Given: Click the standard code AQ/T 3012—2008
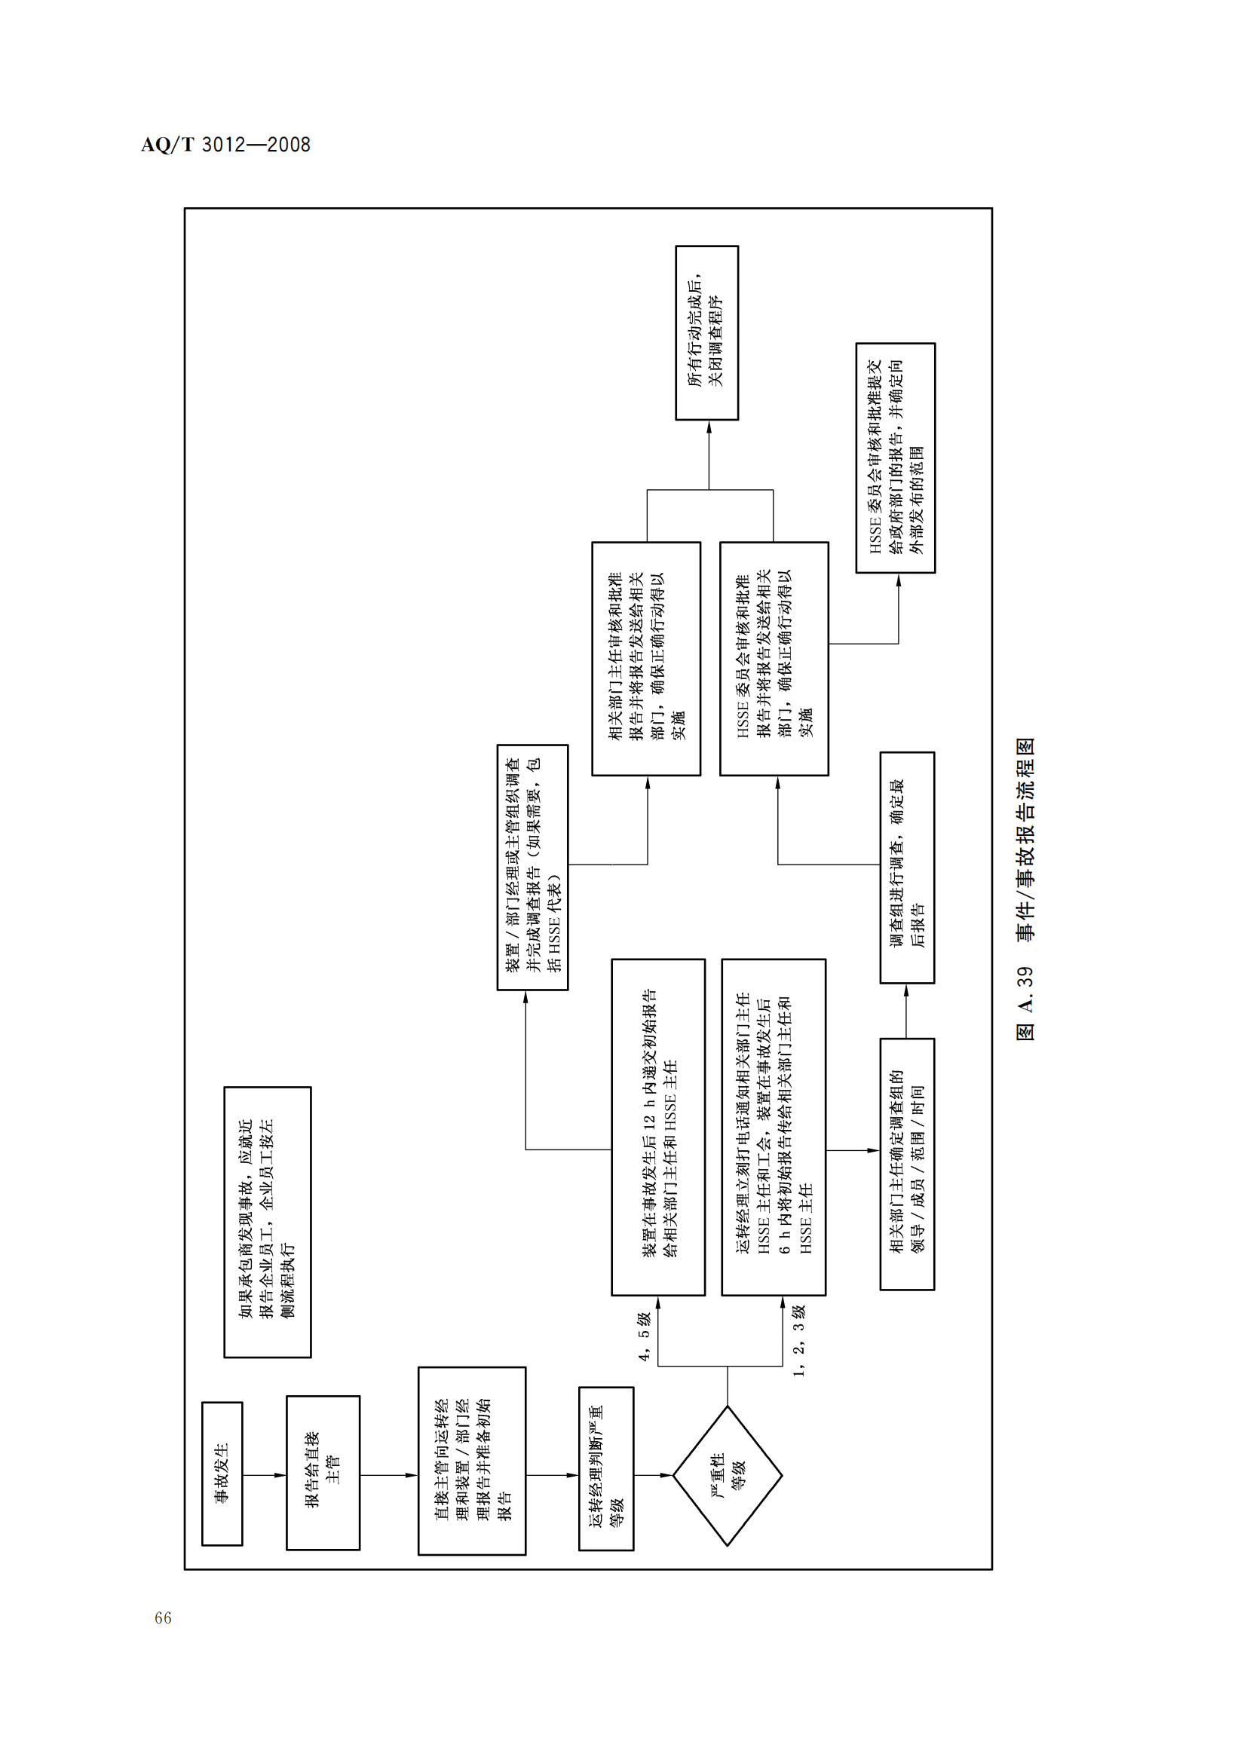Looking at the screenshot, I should click(225, 145).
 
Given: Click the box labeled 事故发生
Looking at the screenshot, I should click(222, 1474).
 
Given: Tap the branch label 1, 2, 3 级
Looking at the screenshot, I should click(798, 1341).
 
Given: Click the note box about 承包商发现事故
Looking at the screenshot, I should click(267, 1222).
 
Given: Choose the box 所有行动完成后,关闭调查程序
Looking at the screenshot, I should click(706, 332).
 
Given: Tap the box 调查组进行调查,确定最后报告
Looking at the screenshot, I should click(907, 867).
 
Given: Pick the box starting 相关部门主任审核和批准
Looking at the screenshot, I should click(646, 658).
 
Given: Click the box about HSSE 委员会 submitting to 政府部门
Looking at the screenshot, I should click(896, 458).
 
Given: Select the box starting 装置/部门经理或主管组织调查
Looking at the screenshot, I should click(532, 867).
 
